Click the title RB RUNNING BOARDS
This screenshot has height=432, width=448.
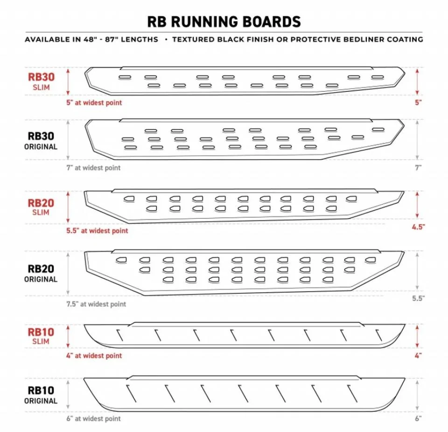point(224,22)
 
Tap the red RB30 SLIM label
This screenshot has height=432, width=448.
point(41,82)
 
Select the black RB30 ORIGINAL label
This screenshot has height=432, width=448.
point(41,141)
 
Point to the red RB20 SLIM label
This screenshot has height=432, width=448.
point(41,207)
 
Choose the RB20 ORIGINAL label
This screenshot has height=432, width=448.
point(41,274)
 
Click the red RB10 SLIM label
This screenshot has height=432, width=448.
point(41,336)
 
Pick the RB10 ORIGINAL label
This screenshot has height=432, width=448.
point(41,395)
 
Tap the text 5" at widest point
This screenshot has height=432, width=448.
point(94,103)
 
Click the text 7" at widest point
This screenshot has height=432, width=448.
point(93,168)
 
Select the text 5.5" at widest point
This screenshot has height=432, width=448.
point(97,231)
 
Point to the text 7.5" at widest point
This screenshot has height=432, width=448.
point(96,304)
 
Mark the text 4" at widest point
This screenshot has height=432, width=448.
point(94,356)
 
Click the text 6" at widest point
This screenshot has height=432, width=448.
point(94,418)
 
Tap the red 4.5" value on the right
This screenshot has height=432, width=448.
point(418,227)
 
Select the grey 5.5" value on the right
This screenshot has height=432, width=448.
point(418,298)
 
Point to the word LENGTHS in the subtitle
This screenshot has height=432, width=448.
point(140,39)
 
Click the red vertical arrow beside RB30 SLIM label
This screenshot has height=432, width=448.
point(68,82)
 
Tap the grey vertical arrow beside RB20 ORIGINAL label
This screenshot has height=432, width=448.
point(68,274)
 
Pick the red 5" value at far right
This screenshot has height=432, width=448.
point(418,103)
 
